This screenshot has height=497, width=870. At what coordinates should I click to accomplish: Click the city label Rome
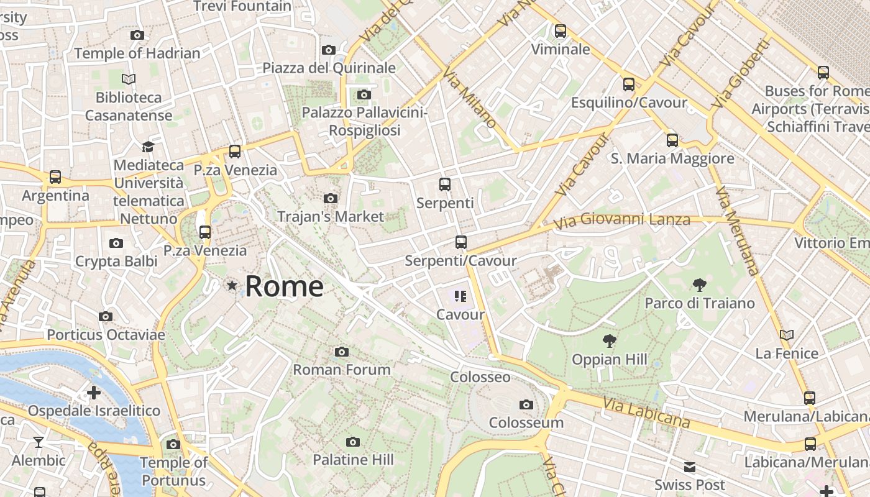(284, 286)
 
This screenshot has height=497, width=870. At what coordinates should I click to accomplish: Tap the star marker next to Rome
(232, 286)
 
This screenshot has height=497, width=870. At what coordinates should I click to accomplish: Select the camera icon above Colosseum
(526, 405)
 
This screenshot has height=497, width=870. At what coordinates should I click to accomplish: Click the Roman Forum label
(342, 370)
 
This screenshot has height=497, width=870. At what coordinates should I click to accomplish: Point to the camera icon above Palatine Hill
(353, 442)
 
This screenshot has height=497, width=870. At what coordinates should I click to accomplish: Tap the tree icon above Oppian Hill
(610, 341)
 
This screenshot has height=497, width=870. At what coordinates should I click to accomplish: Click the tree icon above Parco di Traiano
(700, 285)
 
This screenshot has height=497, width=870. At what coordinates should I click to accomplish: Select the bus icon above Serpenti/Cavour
(460, 242)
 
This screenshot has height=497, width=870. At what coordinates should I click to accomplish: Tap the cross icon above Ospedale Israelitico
(94, 393)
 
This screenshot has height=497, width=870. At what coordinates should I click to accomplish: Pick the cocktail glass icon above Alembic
(39, 442)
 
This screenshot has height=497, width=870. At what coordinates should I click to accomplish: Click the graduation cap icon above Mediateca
(148, 147)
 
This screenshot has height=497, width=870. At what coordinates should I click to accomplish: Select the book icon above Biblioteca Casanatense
(129, 80)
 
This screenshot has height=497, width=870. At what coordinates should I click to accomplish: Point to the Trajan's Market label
(331, 217)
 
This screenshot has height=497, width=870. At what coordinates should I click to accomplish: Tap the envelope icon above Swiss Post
(690, 467)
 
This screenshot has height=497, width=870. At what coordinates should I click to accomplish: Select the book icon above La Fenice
(787, 335)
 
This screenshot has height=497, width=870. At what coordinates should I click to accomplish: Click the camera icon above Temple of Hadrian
(137, 35)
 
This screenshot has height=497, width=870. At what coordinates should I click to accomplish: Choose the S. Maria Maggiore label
(672, 159)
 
